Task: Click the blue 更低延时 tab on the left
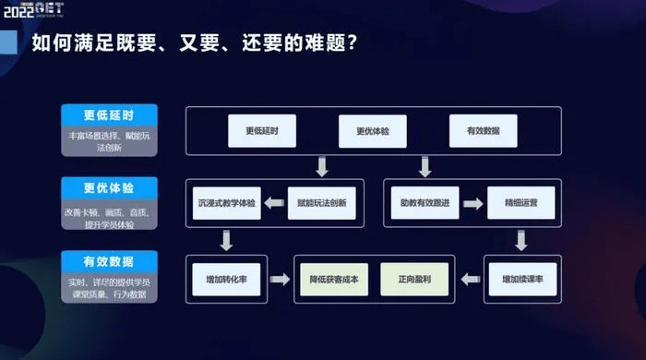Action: pos(109,115)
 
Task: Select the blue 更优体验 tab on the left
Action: pos(109,187)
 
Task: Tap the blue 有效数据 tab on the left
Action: pos(109,261)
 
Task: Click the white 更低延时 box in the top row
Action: pos(262,131)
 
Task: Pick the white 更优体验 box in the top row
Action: pos(373,131)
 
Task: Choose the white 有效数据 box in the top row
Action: pos(483,131)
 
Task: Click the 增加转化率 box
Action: pos(226,277)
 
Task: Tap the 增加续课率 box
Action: pos(520,277)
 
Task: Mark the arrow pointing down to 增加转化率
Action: pos(226,240)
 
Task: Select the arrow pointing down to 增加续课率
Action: pos(520,240)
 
